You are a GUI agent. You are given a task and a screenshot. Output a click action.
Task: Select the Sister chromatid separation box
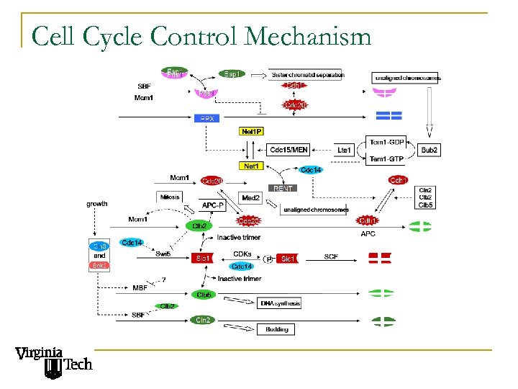click(x=307, y=74)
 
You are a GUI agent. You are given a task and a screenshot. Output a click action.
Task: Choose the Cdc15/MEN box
click(x=288, y=150)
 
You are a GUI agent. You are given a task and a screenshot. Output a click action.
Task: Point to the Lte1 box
click(x=345, y=150)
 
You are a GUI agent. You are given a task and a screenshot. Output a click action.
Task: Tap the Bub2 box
click(x=430, y=150)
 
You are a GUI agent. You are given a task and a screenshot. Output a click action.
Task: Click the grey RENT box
click(x=282, y=188)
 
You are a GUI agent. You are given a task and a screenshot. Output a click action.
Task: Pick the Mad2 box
click(x=251, y=197)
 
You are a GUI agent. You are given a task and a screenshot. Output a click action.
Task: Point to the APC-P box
click(x=213, y=205)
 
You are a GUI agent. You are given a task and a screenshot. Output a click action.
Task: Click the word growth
click(x=97, y=203)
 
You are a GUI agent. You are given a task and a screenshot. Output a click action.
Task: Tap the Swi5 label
click(x=163, y=254)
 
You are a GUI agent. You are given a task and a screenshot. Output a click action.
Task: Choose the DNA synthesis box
click(x=280, y=303)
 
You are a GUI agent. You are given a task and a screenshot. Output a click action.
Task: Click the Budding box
click(x=277, y=329)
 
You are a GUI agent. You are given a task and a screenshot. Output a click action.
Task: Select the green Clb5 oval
click(x=204, y=294)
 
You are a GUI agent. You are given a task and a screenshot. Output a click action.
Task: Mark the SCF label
click(x=331, y=256)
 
